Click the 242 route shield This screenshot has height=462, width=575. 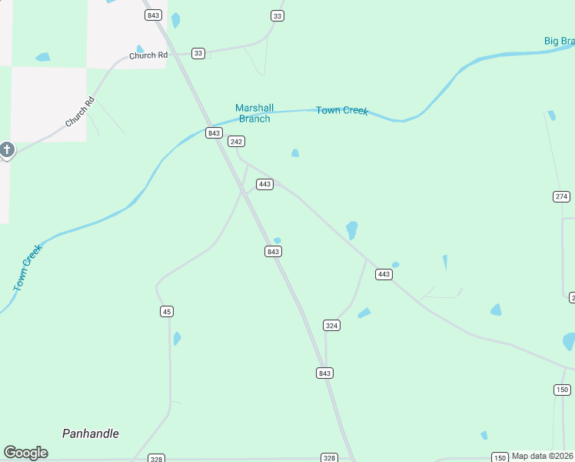point(236,142)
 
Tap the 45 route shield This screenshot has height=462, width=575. point(167,311)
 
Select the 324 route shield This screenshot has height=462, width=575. point(331,326)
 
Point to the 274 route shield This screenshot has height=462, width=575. point(561,196)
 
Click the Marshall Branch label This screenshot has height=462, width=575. point(254,113)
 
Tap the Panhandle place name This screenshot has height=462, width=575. point(91,434)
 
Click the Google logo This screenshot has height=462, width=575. point(25,453)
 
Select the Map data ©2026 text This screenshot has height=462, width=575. point(543,456)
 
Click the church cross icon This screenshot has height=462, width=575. point(7,149)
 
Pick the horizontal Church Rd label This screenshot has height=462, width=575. point(148,55)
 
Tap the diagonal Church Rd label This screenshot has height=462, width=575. point(79,112)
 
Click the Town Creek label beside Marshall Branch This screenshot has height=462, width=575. point(342,111)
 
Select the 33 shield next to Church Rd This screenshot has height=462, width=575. point(198,53)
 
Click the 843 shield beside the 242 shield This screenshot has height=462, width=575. point(214,133)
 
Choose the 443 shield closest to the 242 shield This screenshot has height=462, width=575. point(264,184)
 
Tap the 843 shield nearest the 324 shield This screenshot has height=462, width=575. point(324,373)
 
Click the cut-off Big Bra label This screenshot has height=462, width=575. point(559,41)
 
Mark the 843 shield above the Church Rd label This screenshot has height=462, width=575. point(152,15)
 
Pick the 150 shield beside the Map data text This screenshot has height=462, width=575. point(500,457)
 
